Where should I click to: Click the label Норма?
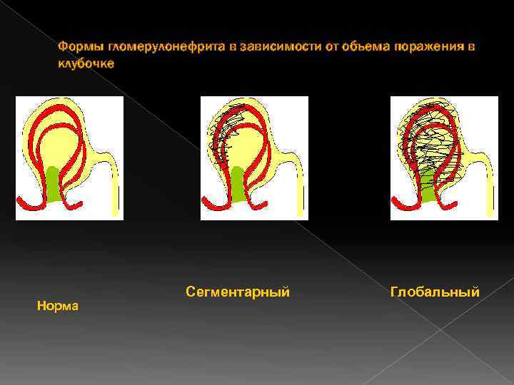click(58, 306)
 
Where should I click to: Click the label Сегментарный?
click(237, 292)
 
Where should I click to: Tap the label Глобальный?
click(435, 292)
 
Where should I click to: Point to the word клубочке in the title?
click(86, 63)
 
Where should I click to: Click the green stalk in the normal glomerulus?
click(54, 184)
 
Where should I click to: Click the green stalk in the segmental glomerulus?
click(238, 184)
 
